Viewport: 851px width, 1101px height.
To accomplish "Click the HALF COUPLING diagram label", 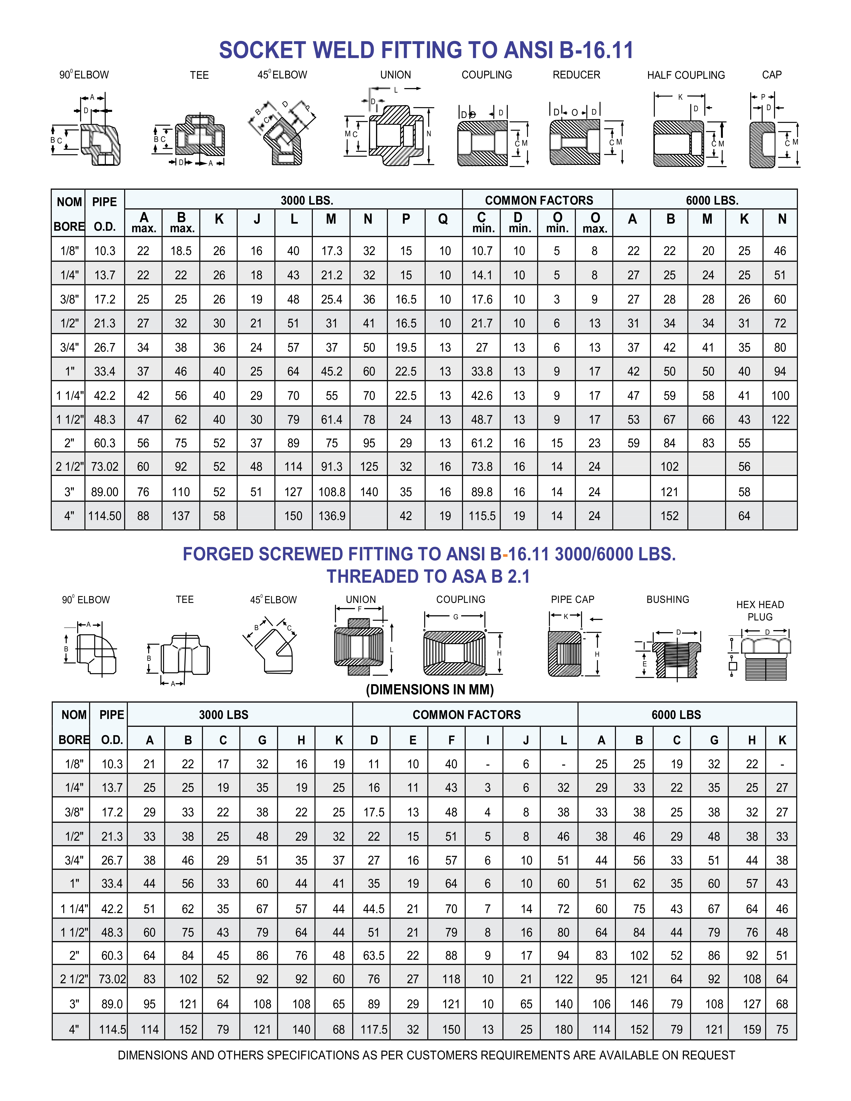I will [x=686, y=75].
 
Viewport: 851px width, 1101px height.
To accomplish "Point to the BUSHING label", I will [x=667, y=599].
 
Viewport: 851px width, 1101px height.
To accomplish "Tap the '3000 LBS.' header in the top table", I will [x=307, y=200].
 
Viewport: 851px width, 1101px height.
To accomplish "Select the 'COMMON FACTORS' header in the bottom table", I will [x=466, y=715].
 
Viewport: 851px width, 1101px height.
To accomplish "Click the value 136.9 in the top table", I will [x=332, y=516].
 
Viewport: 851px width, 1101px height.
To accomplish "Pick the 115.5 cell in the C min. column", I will [x=482, y=516].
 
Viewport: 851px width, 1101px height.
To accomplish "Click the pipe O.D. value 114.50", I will [x=105, y=516].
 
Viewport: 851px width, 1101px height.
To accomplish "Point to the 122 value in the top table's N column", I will [x=780, y=419].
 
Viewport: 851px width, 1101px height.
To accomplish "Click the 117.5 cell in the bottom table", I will [x=374, y=1029].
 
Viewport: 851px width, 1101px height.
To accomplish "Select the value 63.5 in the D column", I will [x=374, y=955].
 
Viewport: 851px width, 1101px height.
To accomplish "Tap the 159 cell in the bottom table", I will [x=752, y=1029].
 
